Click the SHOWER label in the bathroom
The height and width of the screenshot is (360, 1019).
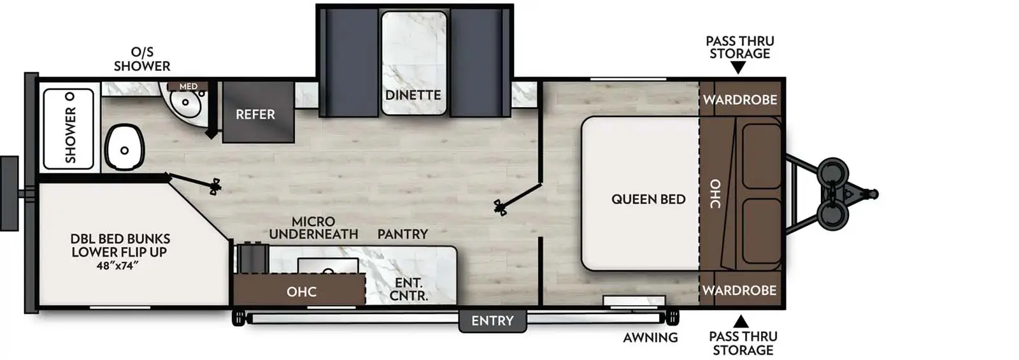click(70, 134)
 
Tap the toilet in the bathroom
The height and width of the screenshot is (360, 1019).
click(124, 149)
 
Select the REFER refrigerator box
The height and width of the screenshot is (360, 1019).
click(255, 115)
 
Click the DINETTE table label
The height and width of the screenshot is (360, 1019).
click(413, 95)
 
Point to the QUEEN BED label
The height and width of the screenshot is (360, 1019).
click(648, 199)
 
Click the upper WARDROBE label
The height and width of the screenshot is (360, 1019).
click(740, 100)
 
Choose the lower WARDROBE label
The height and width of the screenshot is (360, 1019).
click(739, 291)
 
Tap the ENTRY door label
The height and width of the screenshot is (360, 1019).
click(492, 321)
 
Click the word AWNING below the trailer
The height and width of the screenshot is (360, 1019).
click(650, 338)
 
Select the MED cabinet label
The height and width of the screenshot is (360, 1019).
click(188, 86)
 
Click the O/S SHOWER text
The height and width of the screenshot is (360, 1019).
click(142, 59)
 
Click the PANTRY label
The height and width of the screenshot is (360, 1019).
click(403, 234)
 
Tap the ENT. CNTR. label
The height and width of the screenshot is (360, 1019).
click(408, 289)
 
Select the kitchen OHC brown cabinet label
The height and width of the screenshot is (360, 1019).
click(301, 292)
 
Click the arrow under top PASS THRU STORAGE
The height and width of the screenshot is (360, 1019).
click(738, 68)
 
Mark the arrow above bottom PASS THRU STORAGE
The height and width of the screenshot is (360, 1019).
click(741, 321)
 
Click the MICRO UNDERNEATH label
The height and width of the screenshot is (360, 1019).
click(313, 228)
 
